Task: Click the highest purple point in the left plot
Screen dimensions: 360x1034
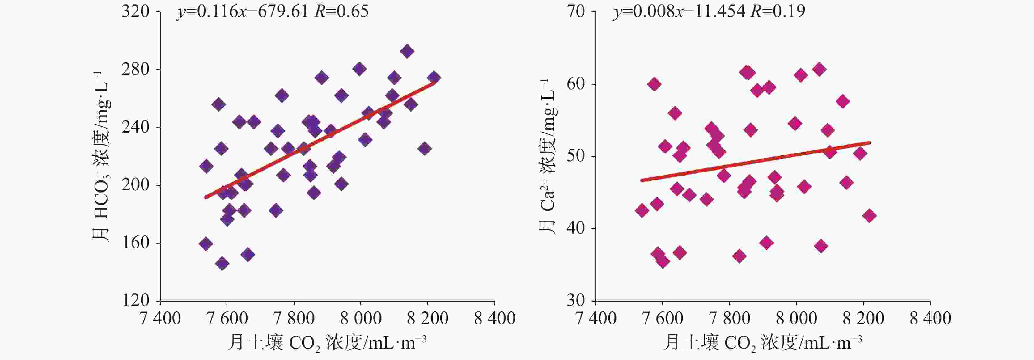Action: tap(407, 51)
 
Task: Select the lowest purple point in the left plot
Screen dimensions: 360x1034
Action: tap(222, 264)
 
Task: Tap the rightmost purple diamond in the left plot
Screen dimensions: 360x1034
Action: tap(434, 78)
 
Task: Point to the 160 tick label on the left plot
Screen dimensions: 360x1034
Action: tap(136, 243)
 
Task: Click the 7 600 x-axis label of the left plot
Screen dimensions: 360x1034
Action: tap(227, 319)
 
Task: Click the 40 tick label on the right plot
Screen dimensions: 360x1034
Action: tap(576, 228)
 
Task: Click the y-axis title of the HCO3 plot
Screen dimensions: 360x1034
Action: tap(101, 157)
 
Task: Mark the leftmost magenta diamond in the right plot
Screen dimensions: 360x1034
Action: tap(642, 211)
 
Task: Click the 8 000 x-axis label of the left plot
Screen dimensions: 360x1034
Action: tap(360, 319)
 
